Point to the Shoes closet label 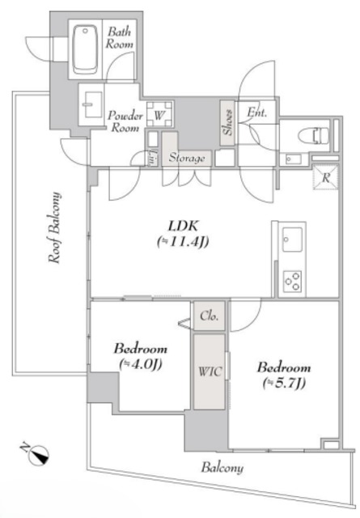[227, 122]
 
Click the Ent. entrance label [257, 113]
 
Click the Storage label [187, 159]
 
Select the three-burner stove [292, 282]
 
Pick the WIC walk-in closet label [208, 373]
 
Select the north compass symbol [38, 455]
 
